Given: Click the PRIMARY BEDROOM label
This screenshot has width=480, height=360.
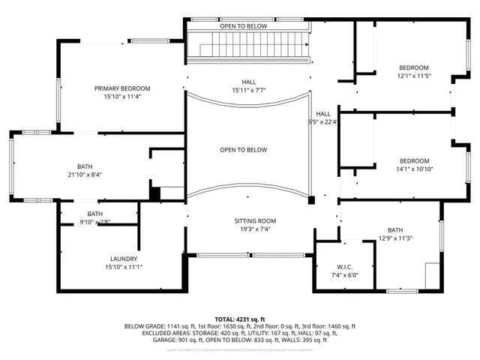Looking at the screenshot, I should tap(122, 88).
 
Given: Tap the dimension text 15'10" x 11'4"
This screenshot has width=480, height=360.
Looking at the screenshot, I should tap(122, 97).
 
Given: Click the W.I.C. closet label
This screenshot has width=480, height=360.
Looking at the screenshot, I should tap(345, 267).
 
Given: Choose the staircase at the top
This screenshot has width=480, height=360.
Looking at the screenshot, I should tap(248, 47).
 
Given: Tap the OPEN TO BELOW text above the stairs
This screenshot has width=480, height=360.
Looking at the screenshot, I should tap(243, 26).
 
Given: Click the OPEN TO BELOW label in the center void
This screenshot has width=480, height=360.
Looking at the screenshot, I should tap(243, 150).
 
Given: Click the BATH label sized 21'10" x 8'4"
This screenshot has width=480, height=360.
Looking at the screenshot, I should tap(85, 166).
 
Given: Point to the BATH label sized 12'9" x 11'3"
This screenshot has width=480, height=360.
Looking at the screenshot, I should tap(394, 230).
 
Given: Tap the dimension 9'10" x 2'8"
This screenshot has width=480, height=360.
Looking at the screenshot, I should tap(94, 222).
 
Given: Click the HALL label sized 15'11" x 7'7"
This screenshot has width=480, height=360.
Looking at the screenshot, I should tap(248, 82).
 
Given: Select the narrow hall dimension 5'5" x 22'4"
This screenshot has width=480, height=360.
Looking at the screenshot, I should tap(323, 121).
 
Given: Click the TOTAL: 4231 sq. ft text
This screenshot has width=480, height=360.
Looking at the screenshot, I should tap(239, 319).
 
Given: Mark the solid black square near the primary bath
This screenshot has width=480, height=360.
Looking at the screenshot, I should tap(154, 193).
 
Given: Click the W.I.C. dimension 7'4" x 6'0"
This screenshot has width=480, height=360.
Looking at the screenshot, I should tap(345, 275).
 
